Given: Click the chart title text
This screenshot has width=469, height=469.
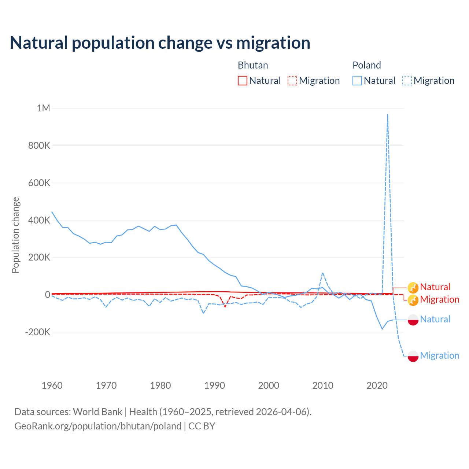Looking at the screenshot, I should point(160,43).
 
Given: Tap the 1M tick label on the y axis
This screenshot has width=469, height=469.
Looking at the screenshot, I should point(43,108).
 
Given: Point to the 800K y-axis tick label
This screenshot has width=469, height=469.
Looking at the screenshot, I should point(39,145).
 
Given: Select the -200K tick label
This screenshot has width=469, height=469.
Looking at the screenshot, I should point(37,332).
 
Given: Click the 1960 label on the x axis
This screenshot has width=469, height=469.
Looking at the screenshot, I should point(52,385).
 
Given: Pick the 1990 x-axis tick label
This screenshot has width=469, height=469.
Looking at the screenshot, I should point(214,385).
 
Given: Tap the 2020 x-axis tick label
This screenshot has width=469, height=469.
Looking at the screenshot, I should point(377,385).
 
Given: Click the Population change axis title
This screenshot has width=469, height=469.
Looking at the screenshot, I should point(15,235).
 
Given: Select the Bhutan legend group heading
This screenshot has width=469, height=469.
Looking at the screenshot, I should point(253,65).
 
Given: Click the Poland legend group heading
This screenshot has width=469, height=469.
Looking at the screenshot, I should point(366,65).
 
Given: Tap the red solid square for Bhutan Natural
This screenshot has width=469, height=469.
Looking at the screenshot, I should point(243,81).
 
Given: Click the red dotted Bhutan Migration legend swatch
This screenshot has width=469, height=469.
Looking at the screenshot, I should point(292,81).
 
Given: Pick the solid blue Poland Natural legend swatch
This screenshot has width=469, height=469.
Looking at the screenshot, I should point(357,81).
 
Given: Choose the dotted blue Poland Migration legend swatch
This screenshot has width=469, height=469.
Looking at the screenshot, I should point(407,81).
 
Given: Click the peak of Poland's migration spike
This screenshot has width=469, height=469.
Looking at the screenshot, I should point(388,115).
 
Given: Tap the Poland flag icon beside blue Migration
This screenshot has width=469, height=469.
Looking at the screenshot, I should point(413,356).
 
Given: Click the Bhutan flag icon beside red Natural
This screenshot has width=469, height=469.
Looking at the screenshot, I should point(413,287).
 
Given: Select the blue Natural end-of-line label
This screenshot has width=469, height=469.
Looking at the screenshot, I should point(435,319).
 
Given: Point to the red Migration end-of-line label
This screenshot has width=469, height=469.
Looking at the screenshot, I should point(439,299).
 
